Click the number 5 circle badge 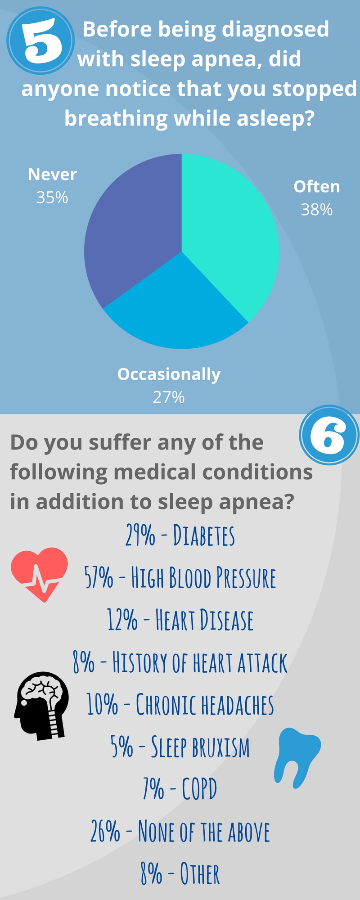click(40, 40)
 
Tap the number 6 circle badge click(329, 435)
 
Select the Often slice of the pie click(225, 234)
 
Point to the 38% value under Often click(317, 210)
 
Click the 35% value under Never click(52, 198)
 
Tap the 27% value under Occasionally click(169, 397)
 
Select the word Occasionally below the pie click(169, 374)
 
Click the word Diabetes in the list click(204, 535)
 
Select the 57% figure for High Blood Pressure click(99, 578)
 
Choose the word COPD click(199, 789)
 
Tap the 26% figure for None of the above click(105, 831)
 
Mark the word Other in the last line click(200, 873)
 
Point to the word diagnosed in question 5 click(275, 30)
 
